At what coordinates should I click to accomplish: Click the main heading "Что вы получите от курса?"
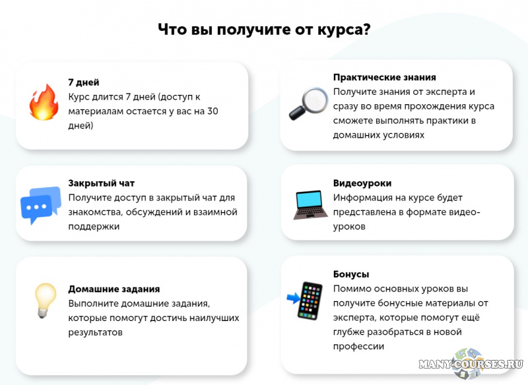pyautogui.click(x=263, y=30)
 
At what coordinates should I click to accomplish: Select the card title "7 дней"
pyautogui.click(x=84, y=82)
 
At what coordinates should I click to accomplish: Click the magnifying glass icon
pyautogui.click(x=308, y=104)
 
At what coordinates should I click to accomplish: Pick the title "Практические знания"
pyautogui.click(x=384, y=77)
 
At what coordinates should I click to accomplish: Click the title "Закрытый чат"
pyautogui.click(x=101, y=183)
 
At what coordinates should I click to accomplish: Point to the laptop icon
pyautogui.click(x=308, y=204)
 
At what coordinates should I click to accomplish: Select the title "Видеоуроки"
pyautogui.click(x=362, y=183)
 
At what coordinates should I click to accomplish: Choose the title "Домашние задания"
pyautogui.click(x=114, y=289)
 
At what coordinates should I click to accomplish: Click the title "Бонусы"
pyautogui.click(x=351, y=274)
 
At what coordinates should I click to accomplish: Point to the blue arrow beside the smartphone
pyautogui.click(x=292, y=299)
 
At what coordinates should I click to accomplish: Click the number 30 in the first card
pyautogui.click(x=212, y=111)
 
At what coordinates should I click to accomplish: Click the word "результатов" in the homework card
pyautogui.click(x=95, y=332)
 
